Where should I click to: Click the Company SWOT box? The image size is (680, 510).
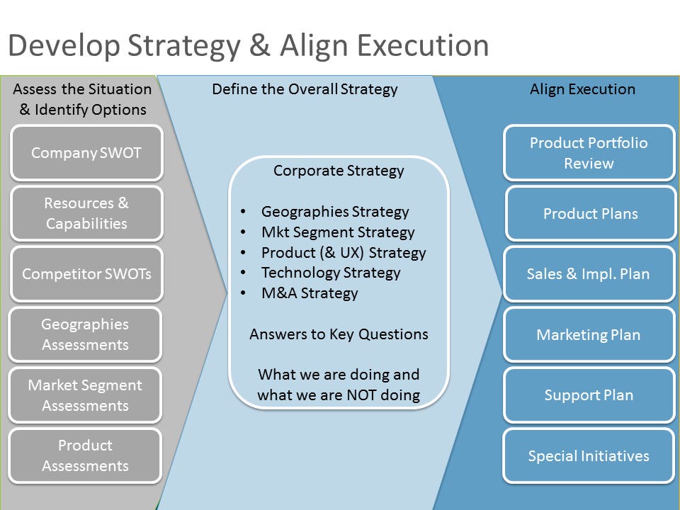tap(86, 153)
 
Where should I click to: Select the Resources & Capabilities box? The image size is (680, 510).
tap(86, 213)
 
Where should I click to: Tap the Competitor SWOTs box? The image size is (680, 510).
tap(86, 274)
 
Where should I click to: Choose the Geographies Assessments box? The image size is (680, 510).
tap(85, 334)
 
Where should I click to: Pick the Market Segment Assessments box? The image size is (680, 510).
tap(85, 395)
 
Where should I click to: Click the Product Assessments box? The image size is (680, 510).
tap(85, 455)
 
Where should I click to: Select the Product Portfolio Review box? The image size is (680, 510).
tap(589, 153)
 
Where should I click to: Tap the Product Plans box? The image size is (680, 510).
tap(591, 213)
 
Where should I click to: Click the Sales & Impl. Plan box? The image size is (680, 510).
tap(589, 274)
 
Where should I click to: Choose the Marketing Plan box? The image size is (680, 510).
tap(589, 334)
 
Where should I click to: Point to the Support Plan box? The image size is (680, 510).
tap(589, 395)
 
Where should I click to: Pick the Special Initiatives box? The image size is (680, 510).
tap(589, 455)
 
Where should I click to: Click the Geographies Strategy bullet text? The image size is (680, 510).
tap(335, 212)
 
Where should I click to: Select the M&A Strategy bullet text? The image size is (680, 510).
tap(310, 293)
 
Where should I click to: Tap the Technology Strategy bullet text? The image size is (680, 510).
tap(331, 273)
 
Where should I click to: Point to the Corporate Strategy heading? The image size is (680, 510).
tap(339, 171)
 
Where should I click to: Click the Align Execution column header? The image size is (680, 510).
tap(582, 89)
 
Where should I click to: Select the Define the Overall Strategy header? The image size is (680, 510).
tap(305, 89)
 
